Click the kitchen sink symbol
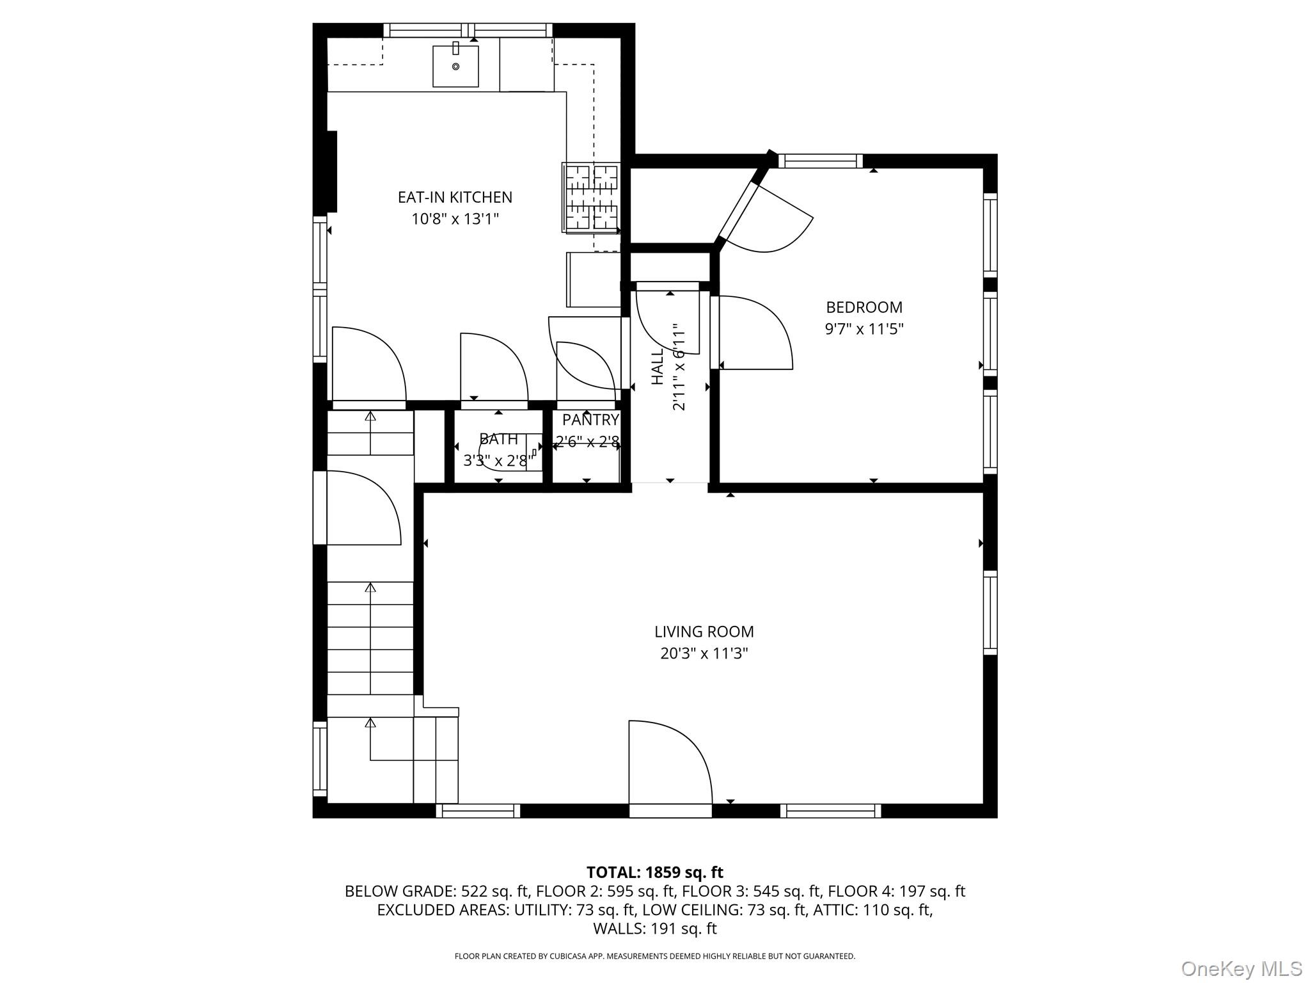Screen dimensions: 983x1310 click(x=455, y=66)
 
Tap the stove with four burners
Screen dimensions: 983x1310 click(x=591, y=197)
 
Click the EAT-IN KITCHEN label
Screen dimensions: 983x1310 click(x=455, y=197)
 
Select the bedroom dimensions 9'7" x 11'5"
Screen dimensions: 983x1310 click(x=864, y=329)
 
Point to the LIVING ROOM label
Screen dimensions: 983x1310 click(x=704, y=632)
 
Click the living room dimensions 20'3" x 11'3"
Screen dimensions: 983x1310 click(x=704, y=653)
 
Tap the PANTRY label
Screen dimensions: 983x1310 click(x=590, y=420)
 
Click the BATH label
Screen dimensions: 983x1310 click(x=498, y=439)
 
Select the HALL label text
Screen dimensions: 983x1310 click(x=658, y=367)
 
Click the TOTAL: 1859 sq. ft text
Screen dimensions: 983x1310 click(x=654, y=872)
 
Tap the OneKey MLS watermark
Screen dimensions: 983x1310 click(x=1241, y=969)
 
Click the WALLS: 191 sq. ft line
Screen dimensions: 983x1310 click(x=654, y=929)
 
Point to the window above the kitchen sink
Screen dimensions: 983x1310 click(x=468, y=30)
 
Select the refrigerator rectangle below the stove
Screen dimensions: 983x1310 click(x=593, y=280)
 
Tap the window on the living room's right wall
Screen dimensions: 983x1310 click(x=990, y=612)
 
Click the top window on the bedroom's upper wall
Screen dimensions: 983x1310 click(x=820, y=161)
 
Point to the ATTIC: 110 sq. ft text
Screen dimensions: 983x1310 click(x=872, y=910)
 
